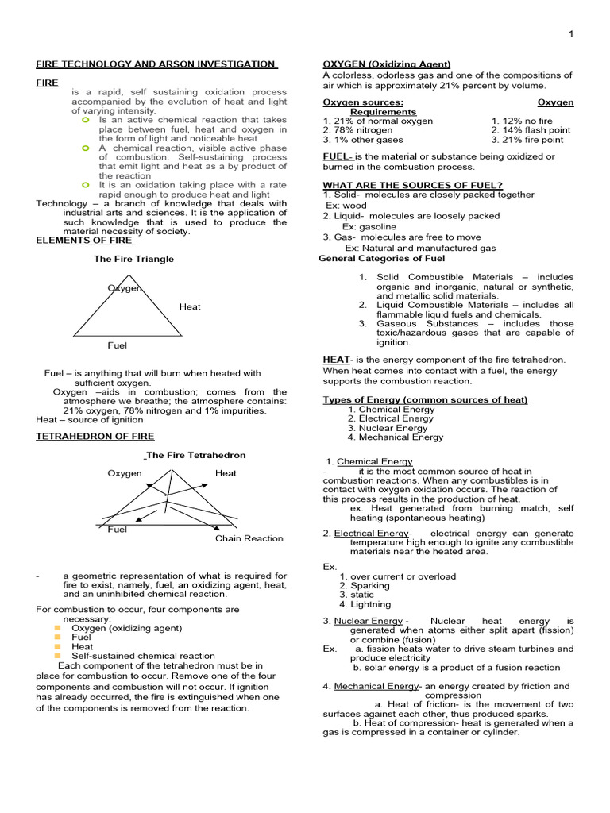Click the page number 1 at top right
pyautogui.click(x=570, y=33)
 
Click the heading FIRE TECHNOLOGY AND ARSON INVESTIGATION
pyautogui.click(x=156, y=64)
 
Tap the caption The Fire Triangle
pyautogui.click(x=133, y=259)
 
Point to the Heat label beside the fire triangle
pyautogui.click(x=190, y=306)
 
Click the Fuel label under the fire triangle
pyautogui.click(x=117, y=345)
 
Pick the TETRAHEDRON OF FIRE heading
pyautogui.click(x=95, y=437)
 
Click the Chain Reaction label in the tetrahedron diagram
pyautogui.click(x=249, y=538)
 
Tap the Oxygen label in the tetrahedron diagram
pyautogui.click(x=125, y=473)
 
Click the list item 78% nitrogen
pyautogui.click(x=357, y=130)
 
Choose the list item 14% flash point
pyautogui.click(x=530, y=130)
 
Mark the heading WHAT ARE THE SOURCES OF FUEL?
pyautogui.click(x=412, y=185)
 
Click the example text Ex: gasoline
pyautogui.click(x=369, y=226)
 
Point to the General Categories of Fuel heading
pyautogui.click(x=381, y=258)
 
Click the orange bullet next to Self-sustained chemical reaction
pyautogui.click(x=58, y=656)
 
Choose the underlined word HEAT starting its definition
pyautogui.click(x=336, y=360)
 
